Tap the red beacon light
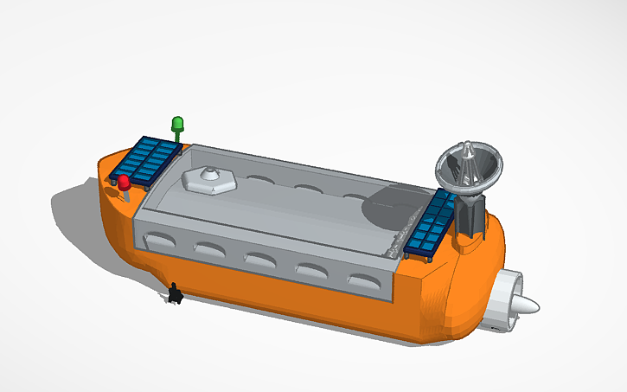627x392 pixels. (125, 183)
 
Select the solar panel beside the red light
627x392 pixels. (148, 159)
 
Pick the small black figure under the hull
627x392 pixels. (175, 294)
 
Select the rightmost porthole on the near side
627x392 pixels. (363, 281)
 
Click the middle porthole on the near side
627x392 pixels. (260, 259)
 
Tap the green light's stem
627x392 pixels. (178, 134)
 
